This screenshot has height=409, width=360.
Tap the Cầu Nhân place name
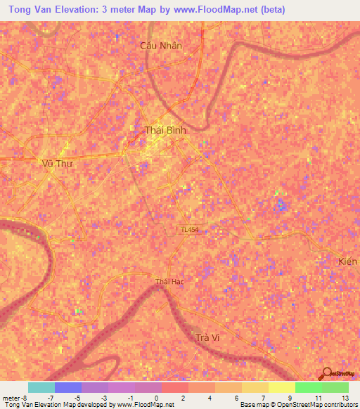161,45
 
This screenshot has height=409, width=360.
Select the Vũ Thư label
58,162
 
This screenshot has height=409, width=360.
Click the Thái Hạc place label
169,283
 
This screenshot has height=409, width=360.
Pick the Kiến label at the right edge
347,261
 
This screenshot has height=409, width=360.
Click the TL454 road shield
188,230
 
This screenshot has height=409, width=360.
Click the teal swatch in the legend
41,387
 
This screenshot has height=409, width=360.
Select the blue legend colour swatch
68,387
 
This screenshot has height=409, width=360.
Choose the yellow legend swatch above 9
282,387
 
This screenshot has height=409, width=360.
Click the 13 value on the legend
344,397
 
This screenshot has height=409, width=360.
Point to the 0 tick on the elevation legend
155,397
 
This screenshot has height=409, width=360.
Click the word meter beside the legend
11,397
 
